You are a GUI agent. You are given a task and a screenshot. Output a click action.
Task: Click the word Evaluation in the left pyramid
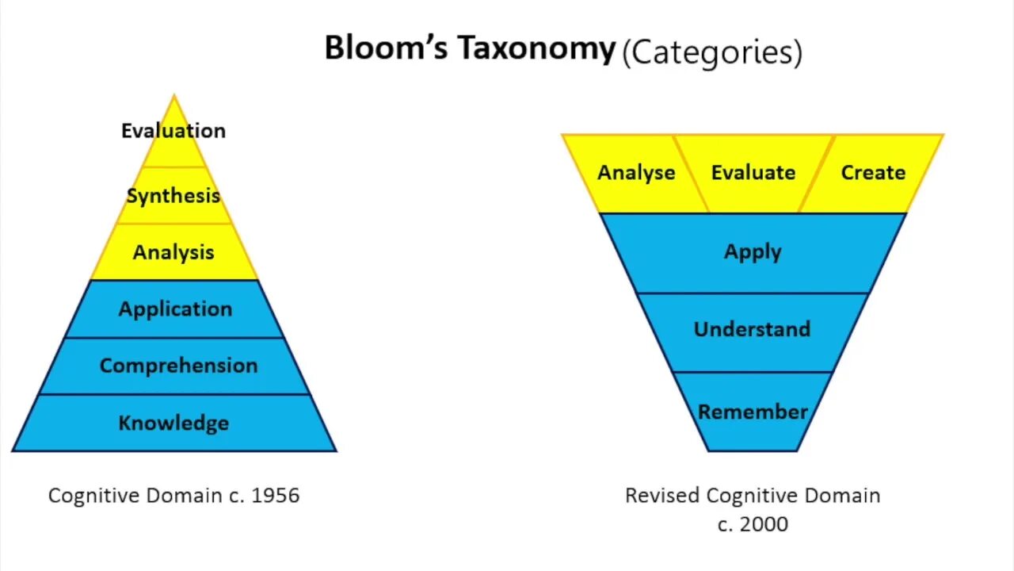pyautogui.click(x=173, y=131)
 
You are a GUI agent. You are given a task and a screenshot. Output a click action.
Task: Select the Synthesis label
pyautogui.click(x=173, y=196)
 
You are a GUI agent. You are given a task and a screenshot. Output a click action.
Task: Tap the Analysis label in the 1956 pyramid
pyautogui.click(x=173, y=252)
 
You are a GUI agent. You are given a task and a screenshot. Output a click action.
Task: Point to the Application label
pyautogui.click(x=175, y=309)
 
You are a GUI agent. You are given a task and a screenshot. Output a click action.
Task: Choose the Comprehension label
pyautogui.click(x=178, y=366)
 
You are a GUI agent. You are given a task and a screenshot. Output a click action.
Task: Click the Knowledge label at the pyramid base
pyautogui.click(x=173, y=423)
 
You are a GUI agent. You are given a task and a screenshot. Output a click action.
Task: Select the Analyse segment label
pyautogui.click(x=636, y=173)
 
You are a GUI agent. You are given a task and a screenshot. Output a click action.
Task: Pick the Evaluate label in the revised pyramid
pyautogui.click(x=753, y=173)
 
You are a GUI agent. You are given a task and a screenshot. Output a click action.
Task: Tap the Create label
pyautogui.click(x=873, y=173)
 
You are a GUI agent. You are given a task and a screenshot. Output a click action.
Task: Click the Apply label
pyautogui.click(x=753, y=252)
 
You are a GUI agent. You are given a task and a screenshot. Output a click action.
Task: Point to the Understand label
pyautogui.click(x=752, y=329)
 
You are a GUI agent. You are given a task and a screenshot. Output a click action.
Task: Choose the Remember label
pyautogui.click(x=753, y=412)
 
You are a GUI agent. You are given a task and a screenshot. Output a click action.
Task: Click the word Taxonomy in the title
pyautogui.click(x=537, y=49)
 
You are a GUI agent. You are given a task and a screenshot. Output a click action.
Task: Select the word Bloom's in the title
pyautogui.click(x=387, y=49)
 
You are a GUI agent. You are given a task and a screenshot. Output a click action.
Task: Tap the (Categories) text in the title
pyautogui.click(x=711, y=53)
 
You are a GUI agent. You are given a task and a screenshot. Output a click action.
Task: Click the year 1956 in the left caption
pyautogui.click(x=276, y=496)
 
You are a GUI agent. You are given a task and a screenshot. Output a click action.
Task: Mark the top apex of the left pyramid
pyautogui.click(x=174, y=96)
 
